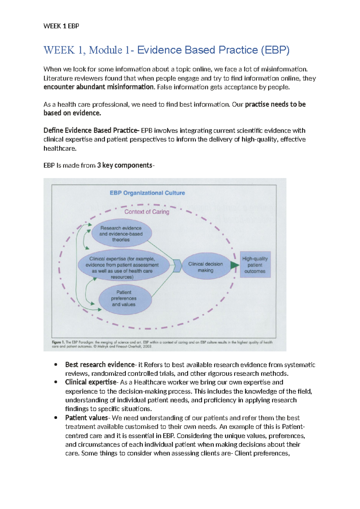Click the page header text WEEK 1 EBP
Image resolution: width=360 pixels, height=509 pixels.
point(61,26)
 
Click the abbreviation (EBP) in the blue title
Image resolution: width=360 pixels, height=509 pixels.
point(275,50)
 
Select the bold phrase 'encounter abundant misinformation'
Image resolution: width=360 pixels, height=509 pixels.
point(99,87)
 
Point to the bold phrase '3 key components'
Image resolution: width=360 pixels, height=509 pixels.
point(125,165)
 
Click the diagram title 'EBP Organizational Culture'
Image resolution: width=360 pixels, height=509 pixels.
point(147,193)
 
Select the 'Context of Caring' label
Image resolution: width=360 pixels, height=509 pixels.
point(147,212)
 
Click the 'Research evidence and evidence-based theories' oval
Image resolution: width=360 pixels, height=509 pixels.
point(121,234)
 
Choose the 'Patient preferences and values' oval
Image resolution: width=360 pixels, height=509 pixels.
point(124,298)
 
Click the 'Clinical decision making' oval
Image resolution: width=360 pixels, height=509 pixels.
point(205,267)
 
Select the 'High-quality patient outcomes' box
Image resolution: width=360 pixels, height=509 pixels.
point(255,265)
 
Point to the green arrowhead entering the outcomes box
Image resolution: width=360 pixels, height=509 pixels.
point(234,265)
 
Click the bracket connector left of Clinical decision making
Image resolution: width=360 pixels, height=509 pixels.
point(177,266)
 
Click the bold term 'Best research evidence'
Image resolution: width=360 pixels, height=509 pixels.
point(100,365)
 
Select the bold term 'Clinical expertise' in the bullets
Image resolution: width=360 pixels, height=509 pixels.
point(90,382)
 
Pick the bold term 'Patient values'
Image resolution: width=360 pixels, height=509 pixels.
point(86,418)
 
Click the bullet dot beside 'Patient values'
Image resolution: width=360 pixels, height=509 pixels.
point(55,418)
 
